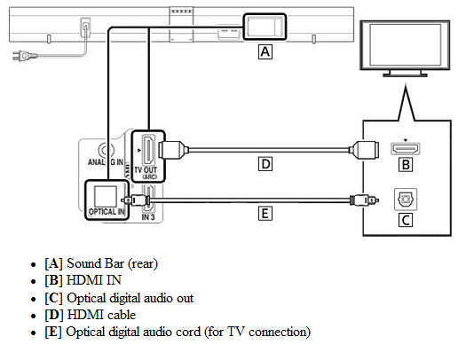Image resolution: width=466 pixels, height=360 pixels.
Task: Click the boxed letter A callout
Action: [265, 52]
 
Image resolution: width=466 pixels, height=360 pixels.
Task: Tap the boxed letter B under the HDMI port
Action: [406, 164]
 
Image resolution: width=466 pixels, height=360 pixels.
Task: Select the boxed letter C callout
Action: [406, 220]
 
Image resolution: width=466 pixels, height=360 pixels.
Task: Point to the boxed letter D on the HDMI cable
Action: [265, 164]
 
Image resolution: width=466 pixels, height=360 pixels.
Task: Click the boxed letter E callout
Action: [265, 214]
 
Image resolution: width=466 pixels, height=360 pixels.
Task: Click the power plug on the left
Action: [25, 56]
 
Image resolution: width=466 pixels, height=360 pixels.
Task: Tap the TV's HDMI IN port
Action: [406, 148]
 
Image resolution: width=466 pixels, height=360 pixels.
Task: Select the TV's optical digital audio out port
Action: [406, 200]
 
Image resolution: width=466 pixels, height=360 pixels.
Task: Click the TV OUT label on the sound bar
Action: [146, 170]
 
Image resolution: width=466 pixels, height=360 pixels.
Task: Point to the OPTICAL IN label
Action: [107, 212]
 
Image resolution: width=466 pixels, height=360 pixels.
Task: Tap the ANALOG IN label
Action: [106, 162]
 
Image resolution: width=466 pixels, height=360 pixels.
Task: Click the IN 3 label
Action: [148, 217]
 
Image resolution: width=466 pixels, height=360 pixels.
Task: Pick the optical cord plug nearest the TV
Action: [364, 200]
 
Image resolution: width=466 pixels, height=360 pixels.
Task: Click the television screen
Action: [405, 45]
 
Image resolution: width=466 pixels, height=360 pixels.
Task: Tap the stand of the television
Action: [405, 74]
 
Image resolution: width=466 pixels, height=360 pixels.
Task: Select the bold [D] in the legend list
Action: [54, 315]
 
